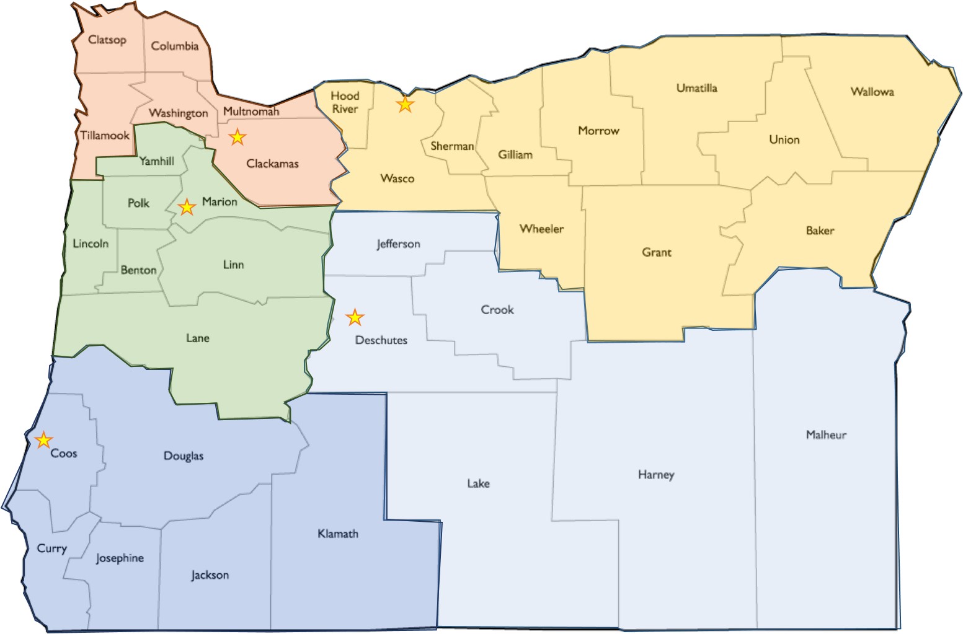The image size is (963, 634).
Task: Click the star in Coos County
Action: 43,440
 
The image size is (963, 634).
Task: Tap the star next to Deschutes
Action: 355,317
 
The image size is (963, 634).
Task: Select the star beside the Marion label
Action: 187,207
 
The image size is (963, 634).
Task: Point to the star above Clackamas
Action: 237,137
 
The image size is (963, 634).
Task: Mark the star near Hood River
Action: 405,104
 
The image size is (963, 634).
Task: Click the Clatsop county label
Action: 107,40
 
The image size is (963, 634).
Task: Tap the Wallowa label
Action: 872,92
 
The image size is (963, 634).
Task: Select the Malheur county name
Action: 826,434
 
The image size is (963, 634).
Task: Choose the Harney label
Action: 656,475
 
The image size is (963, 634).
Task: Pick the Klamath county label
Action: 337,534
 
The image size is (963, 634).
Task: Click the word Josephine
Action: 120,558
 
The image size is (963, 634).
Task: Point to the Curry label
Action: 51,548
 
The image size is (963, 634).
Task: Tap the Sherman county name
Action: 452,146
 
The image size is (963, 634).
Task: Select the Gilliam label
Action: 515,154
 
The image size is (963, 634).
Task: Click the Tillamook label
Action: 105,135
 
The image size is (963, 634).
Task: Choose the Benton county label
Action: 138,270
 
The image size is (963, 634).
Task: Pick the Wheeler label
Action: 541,229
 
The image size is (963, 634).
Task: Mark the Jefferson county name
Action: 398,244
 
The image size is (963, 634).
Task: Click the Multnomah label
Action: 251,112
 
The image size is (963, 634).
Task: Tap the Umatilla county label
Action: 696,88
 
